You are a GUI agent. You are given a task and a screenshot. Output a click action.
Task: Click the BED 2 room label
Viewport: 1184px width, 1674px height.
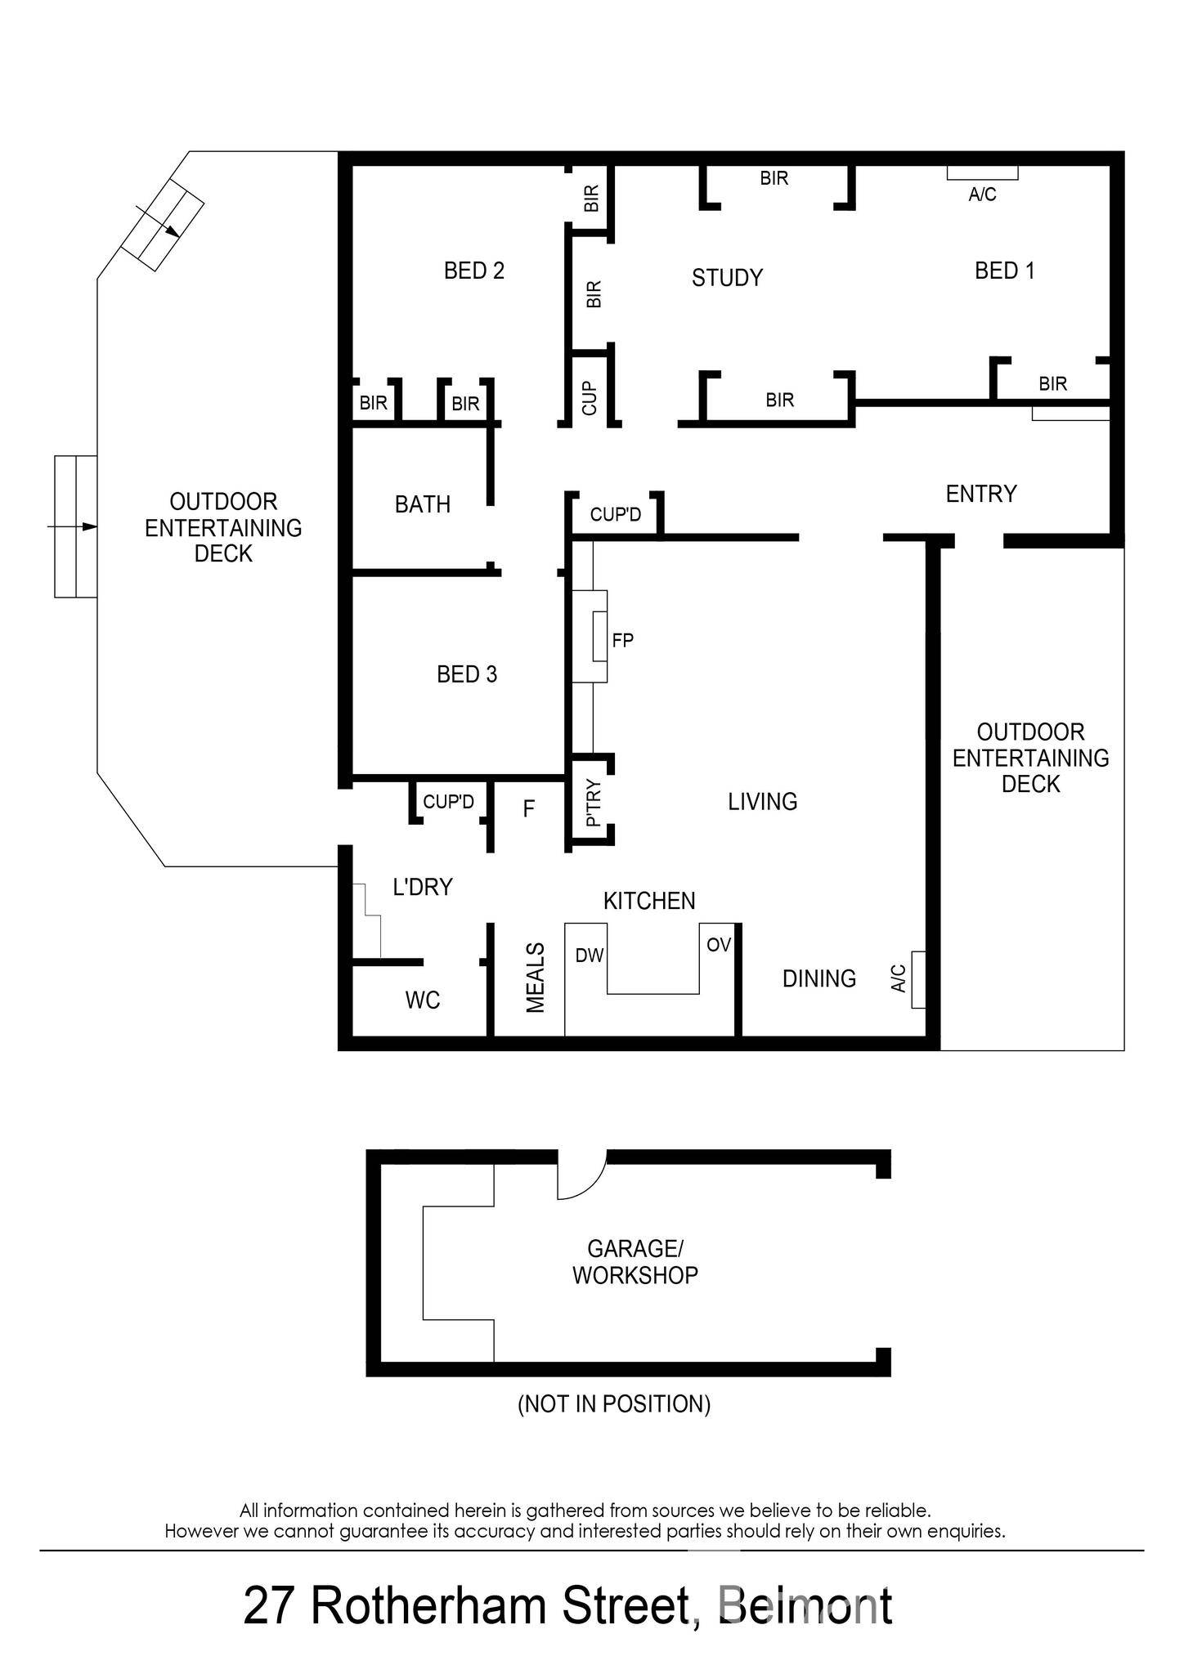point(473,271)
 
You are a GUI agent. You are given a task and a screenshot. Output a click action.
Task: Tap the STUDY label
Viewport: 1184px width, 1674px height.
point(727,278)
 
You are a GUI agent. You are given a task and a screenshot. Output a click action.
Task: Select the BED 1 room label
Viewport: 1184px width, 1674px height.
point(1004,271)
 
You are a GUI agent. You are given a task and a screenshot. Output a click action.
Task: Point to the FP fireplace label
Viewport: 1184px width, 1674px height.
point(622,640)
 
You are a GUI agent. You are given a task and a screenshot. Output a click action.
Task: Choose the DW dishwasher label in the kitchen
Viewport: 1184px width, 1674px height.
point(589,956)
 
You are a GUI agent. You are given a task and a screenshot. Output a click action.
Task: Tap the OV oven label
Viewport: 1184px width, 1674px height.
point(718,945)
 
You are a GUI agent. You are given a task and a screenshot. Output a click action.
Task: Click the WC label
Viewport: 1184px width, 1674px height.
point(422,1000)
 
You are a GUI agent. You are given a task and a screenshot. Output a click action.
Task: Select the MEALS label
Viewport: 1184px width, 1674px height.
point(535,978)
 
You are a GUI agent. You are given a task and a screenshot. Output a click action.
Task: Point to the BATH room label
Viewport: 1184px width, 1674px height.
point(422,504)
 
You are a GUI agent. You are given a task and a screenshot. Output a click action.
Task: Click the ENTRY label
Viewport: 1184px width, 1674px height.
point(980,494)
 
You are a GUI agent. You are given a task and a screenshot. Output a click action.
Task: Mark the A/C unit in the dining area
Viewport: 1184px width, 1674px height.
point(918,979)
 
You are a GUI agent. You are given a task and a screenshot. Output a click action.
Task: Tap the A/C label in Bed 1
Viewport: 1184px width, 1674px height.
point(982,195)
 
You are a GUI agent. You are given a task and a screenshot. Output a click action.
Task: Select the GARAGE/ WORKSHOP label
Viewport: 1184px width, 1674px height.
point(635,1261)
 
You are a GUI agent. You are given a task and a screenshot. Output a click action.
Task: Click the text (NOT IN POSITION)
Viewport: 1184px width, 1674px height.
point(614,1404)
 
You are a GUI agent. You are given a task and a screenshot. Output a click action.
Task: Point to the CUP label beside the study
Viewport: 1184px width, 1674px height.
point(590,398)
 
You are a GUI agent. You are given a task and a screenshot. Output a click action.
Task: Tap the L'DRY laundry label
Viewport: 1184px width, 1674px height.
point(422,887)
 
